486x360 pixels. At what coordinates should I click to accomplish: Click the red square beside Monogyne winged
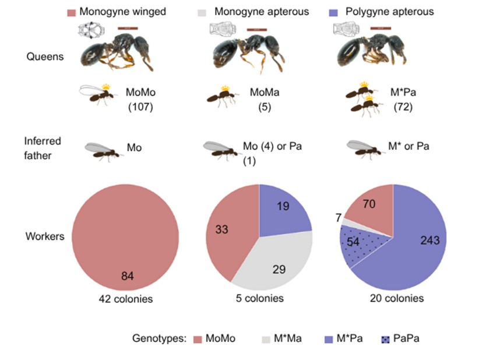point(71,12)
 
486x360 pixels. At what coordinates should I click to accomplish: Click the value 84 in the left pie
point(127,276)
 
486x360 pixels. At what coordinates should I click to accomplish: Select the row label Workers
point(44,237)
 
